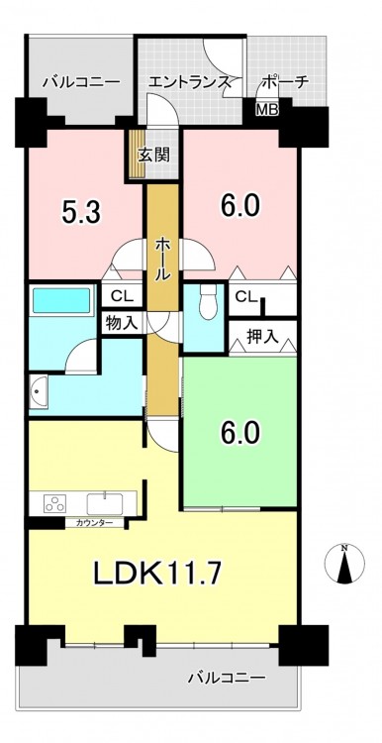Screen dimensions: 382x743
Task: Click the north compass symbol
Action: click(x=344, y=564)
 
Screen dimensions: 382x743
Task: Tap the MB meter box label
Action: click(x=267, y=109)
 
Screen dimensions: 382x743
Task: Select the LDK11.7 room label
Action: click(x=157, y=574)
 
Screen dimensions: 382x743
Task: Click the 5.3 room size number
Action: click(x=80, y=212)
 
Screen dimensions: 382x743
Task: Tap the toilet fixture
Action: click(x=208, y=302)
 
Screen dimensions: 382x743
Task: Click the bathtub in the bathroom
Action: click(x=62, y=299)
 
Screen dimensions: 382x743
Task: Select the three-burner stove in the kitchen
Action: click(x=54, y=502)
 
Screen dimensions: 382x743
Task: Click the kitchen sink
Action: click(x=105, y=503)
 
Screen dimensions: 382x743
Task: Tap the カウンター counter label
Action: click(x=94, y=523)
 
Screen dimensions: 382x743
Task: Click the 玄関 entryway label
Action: click(x=154, y=155)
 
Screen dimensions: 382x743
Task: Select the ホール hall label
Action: click(x=162, y=261)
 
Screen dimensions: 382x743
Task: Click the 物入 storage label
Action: click(x=122, y=324)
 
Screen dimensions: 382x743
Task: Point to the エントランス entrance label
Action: click(x=189, y=82)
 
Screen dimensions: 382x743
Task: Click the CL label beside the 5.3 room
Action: click(x=121, y=297)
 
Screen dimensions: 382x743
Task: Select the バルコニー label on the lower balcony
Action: click(x=227, y=678)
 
